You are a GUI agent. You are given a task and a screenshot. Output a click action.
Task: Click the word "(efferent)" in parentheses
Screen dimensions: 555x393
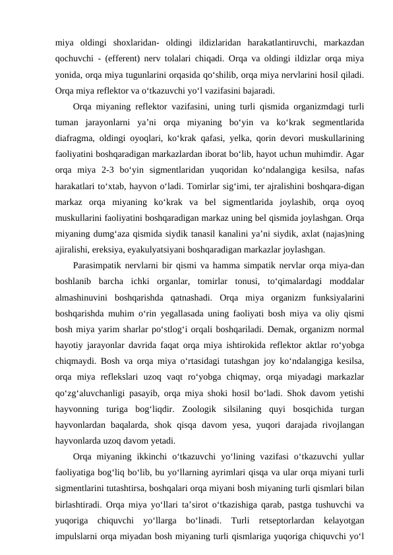coord(136,59)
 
